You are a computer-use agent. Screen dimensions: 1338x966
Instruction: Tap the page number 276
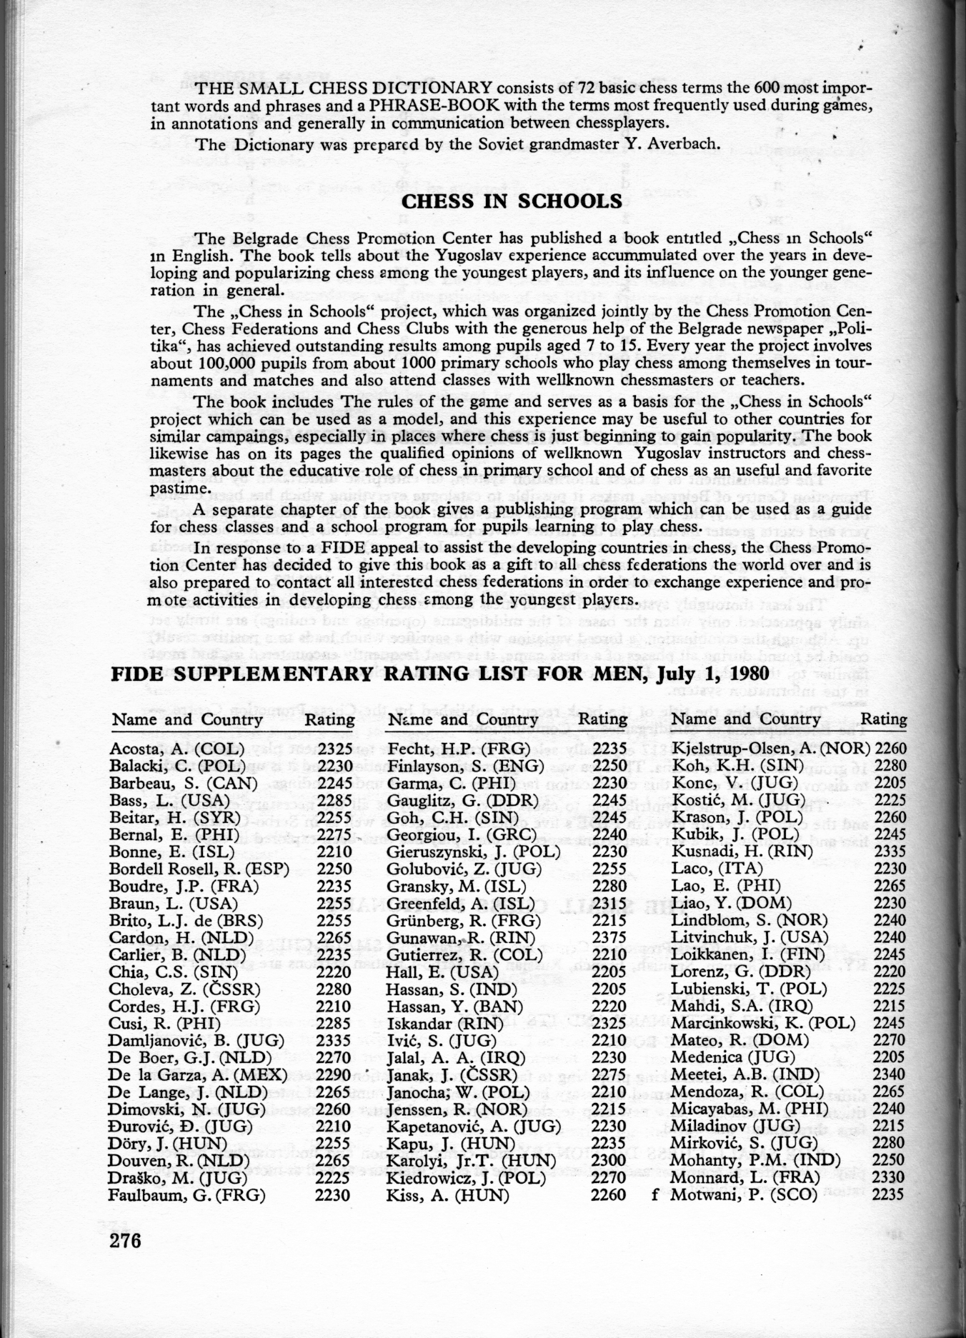pos(126,1239)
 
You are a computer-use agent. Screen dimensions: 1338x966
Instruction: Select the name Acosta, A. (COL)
pos(176,749)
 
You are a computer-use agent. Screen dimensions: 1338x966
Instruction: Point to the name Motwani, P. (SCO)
pos(743,1194)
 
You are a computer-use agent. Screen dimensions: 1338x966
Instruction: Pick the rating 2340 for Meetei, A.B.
pos(890,1074)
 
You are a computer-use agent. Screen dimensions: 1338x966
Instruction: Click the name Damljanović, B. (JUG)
pos(196,1040)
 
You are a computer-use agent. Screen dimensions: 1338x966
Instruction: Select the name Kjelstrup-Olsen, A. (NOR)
pos(770,749)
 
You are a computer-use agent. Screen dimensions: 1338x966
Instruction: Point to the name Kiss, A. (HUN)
pos(447,1194)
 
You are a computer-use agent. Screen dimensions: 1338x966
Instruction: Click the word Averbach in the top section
pos(680,145)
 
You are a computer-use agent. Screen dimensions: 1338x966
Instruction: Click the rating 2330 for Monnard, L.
pos(890,1177)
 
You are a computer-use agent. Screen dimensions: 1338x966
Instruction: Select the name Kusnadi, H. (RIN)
pos(742,852)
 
